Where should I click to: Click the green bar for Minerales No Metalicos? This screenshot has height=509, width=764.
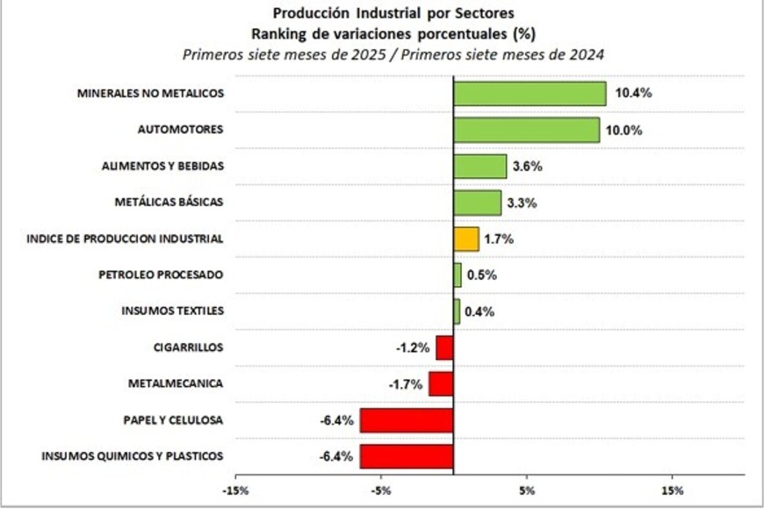[x=530, y=93]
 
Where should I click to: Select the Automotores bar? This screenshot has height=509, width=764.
[x=526, y=130]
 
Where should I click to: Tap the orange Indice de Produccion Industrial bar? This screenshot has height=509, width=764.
[x=466, y=239]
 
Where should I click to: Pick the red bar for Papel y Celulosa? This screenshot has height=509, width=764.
[x=407, y=420]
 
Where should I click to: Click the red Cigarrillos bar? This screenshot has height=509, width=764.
[x=444, y=348]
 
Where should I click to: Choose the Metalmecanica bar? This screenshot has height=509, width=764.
[x=441, y=384]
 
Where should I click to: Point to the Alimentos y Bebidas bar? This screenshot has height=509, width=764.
[x=479, y=166]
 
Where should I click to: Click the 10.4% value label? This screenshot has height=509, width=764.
[x=633, y=93]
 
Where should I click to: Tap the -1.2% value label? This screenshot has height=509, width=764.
[x=413, y=348]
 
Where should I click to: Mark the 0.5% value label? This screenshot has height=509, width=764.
[x=480, y=275]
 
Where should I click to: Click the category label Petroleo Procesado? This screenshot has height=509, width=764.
[x=160, y=275]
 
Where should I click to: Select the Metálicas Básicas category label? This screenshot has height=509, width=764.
[x=169, y=202]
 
